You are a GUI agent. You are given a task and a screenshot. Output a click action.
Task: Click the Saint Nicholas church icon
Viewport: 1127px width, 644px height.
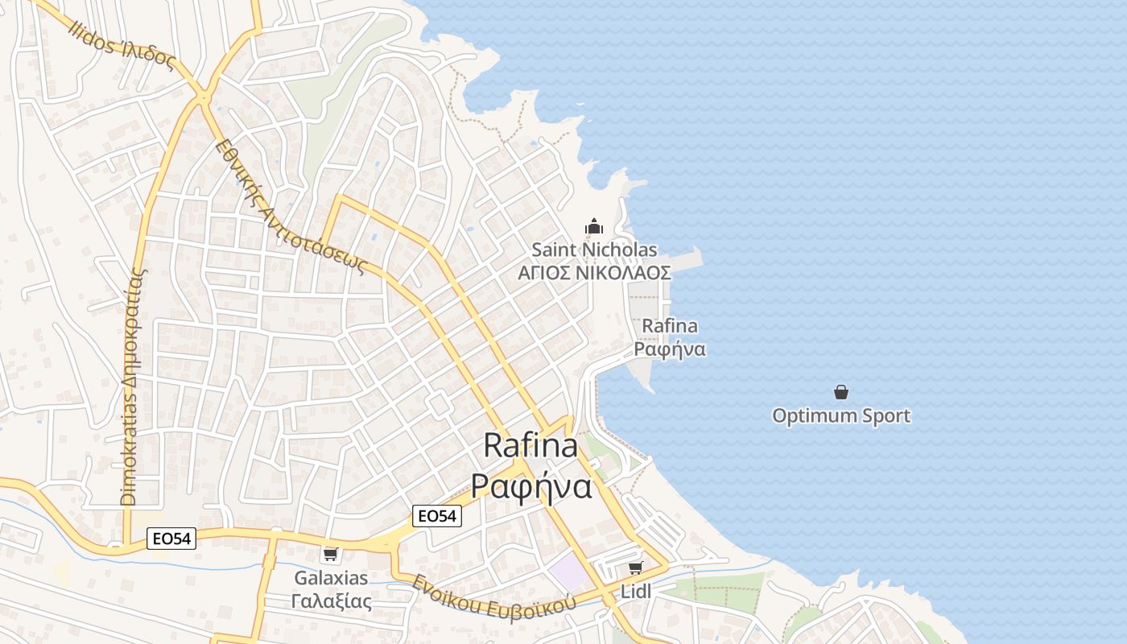[594, 226]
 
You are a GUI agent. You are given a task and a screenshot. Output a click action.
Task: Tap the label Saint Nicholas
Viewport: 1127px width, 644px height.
[594, 250]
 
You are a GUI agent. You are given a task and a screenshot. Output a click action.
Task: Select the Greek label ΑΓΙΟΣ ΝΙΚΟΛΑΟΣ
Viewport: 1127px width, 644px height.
[594, 273]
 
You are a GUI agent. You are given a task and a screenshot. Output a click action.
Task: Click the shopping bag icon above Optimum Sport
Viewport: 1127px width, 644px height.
[841, 392]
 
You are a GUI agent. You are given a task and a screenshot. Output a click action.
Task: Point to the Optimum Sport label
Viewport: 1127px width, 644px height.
[841, 416]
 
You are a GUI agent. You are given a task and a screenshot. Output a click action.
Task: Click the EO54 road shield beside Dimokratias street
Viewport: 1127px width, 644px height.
[171, 539]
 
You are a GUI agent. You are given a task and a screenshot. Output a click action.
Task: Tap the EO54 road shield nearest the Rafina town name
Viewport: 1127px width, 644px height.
[437, 516]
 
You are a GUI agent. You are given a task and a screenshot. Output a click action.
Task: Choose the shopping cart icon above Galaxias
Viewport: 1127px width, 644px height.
[330, 554]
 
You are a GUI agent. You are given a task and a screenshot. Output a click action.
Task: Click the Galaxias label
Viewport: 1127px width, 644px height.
[331, 578]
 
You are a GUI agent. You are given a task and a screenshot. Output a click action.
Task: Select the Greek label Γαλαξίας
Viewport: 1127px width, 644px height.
[331, 601]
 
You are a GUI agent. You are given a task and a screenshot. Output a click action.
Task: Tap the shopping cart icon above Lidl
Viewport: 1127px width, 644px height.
[636, 568]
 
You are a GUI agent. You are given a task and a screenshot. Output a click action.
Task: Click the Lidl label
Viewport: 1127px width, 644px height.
[636, 592]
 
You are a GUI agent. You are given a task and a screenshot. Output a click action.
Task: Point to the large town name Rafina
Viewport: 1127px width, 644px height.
[530, 446]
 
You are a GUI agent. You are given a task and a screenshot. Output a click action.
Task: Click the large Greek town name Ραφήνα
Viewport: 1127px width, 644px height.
[531, 486]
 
